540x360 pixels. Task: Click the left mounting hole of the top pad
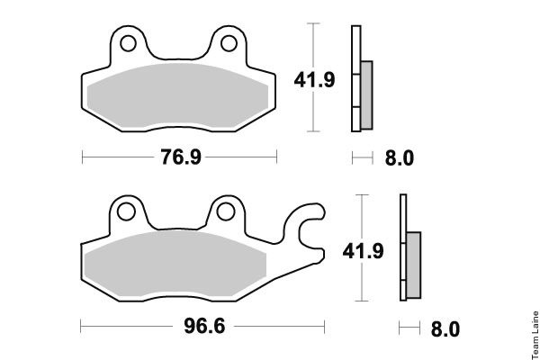tap(128, 44)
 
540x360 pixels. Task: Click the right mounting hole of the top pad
tap(229, 44)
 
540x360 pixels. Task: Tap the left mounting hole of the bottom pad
tap(126, 211)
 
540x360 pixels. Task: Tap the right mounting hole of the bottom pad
tap(226, 211)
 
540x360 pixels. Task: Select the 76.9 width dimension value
tap(181, 157)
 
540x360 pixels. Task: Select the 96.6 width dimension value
tap(204, 326)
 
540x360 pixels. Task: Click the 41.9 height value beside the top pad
tap(314, 80)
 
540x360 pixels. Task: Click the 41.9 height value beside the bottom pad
tap(363, 251)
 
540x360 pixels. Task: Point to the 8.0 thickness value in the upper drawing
tap(400, 158)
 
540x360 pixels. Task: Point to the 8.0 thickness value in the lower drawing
tap(445, 329)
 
